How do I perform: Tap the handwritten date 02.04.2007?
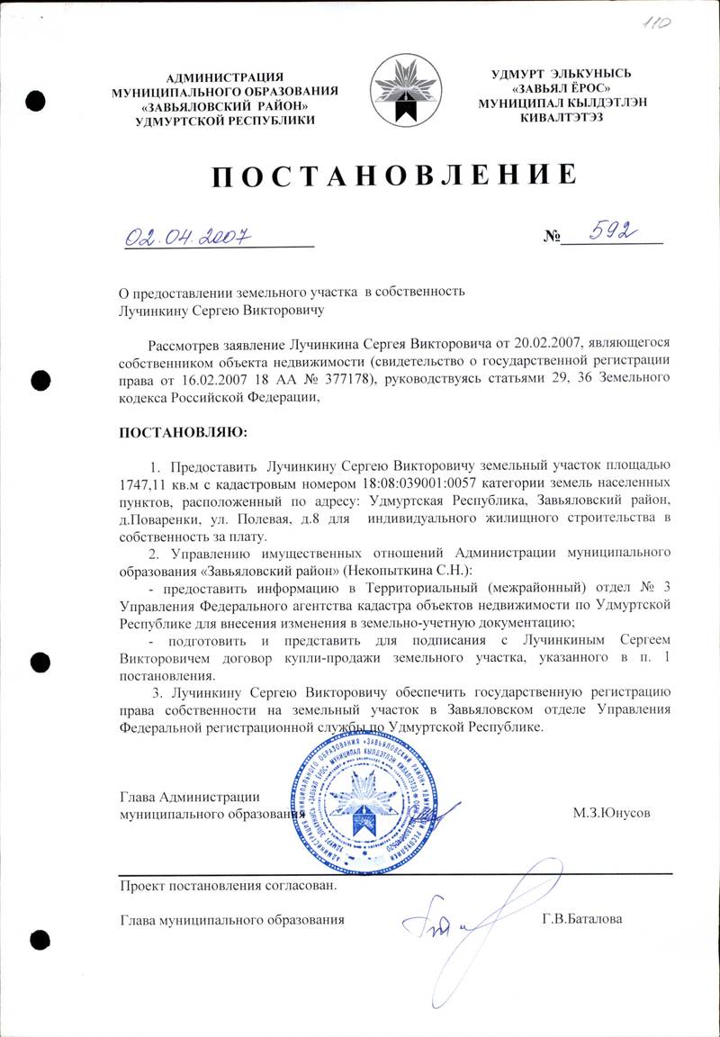pyautogui.click(x=186, y=236)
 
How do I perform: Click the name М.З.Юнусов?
pyautogui.click(x=611, y=812)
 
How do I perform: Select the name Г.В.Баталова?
pyautogui.click(x=582, y=919)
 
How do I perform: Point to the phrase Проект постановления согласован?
pyautogui.click(x=229, y=885)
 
